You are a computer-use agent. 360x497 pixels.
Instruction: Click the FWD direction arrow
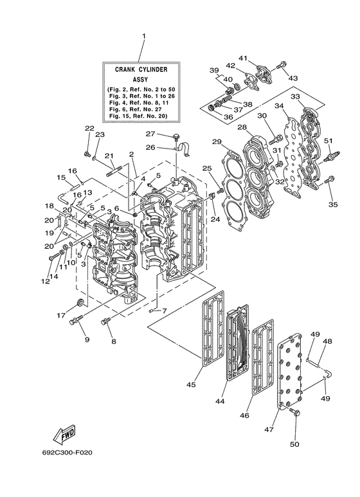coord(64,434)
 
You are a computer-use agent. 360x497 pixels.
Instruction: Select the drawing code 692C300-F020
coord(67,452)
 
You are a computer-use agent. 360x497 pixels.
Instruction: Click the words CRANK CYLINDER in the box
coord(141,69)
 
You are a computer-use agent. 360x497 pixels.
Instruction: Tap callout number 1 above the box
coord(144,36)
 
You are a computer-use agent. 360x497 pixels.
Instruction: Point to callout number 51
coord(328,141)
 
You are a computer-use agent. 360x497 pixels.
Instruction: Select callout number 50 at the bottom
coord(294,444)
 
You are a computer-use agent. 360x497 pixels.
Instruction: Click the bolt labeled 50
coord(294,413)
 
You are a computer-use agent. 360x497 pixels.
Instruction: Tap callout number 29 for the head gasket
coord(217,141)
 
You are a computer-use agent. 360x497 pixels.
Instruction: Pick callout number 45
coord(191,384)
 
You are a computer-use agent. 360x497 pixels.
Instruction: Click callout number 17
coord(61,316)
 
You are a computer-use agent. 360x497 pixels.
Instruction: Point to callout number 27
coord(150,134)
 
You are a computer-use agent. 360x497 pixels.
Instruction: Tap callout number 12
coord(45,281)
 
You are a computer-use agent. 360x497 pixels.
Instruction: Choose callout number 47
coord(269,429)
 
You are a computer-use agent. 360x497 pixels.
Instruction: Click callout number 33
coord(295,96)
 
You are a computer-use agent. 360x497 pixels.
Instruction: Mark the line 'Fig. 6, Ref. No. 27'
coord(135,109)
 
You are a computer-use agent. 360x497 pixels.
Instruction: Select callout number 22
coord(89,129)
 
